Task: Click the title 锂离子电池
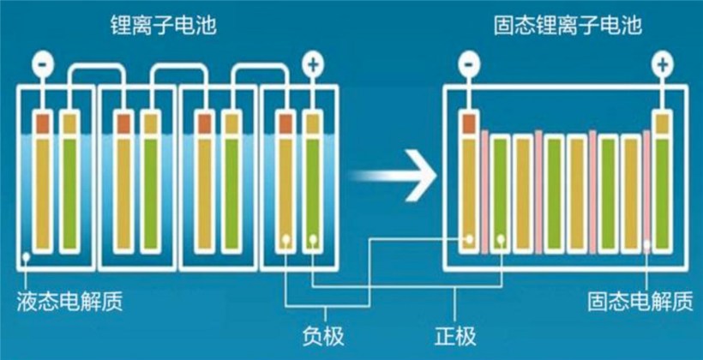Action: (163, 27)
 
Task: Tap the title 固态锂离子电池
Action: (568, 27)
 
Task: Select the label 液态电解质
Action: (69, 302)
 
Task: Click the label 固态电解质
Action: (640, 302)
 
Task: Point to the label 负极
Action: (324, 336)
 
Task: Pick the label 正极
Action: (455, 336)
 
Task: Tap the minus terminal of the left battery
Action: (43, 65)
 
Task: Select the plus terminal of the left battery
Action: (314, 65)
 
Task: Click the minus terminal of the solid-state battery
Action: (469, 65)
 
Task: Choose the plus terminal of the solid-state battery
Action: (662, 65)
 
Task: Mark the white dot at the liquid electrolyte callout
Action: (27, 257)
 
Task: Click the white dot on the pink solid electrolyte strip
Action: (647, 244)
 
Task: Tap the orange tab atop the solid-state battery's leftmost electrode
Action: (469, 124)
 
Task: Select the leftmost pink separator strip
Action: (484, 193)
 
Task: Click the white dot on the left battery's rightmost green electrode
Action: (314, 239)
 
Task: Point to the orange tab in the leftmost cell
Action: (43, 124)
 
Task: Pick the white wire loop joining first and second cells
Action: (95, 73)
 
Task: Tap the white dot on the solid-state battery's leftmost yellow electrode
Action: (470, 239)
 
